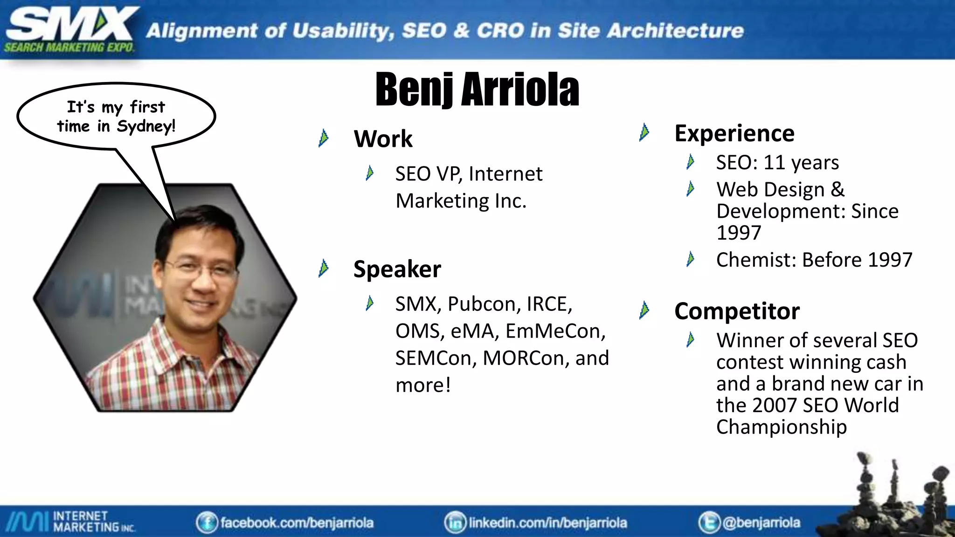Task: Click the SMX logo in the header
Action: (x=70, y=29)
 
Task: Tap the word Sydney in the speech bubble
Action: (x=145, y=126)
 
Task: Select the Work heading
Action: (x=383, y=138)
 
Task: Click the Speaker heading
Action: (x=397, y=269)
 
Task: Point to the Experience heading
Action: (x=734, y=133)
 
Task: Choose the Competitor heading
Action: (x=737, y=311)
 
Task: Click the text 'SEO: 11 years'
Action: (x=777, y=162)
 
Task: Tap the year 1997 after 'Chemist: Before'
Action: (x=889, y=260)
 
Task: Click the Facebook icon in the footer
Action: (x=207, y=523)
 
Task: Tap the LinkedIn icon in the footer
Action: (x=455, y=523)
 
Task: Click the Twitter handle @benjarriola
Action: (x=761, y=523)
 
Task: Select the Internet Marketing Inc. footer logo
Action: (x=70, y=522)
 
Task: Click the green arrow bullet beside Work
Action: (x=323, y=138)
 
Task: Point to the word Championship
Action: (x=781, y=427)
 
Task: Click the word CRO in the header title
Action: (x=500, y=31)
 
